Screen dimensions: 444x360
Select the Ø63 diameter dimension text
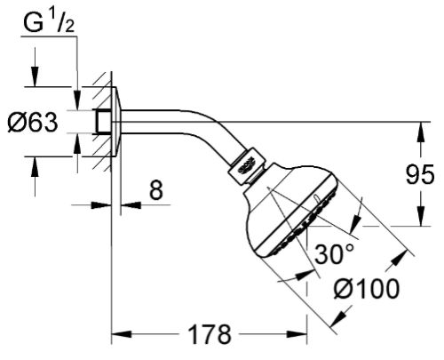tap(33, 123)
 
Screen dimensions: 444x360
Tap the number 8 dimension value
tap(156, 190)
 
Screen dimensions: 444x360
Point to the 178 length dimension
tap(210, 334)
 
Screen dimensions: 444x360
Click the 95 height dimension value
tap(420, 174)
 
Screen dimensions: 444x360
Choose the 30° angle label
tap(334, 254)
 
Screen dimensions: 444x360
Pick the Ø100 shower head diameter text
tap(367, 289)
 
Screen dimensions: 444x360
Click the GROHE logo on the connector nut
tap(247, 166)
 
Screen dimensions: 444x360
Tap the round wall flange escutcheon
tap(116, 122)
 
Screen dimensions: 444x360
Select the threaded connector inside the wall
tap(103, 122)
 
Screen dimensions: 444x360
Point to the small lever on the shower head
tap(316, 197)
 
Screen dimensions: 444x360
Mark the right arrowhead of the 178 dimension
tap(297, 334)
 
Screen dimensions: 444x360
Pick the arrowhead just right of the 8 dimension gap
tap(131, 204)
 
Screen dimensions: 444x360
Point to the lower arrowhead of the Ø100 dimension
tap(339, 317)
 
